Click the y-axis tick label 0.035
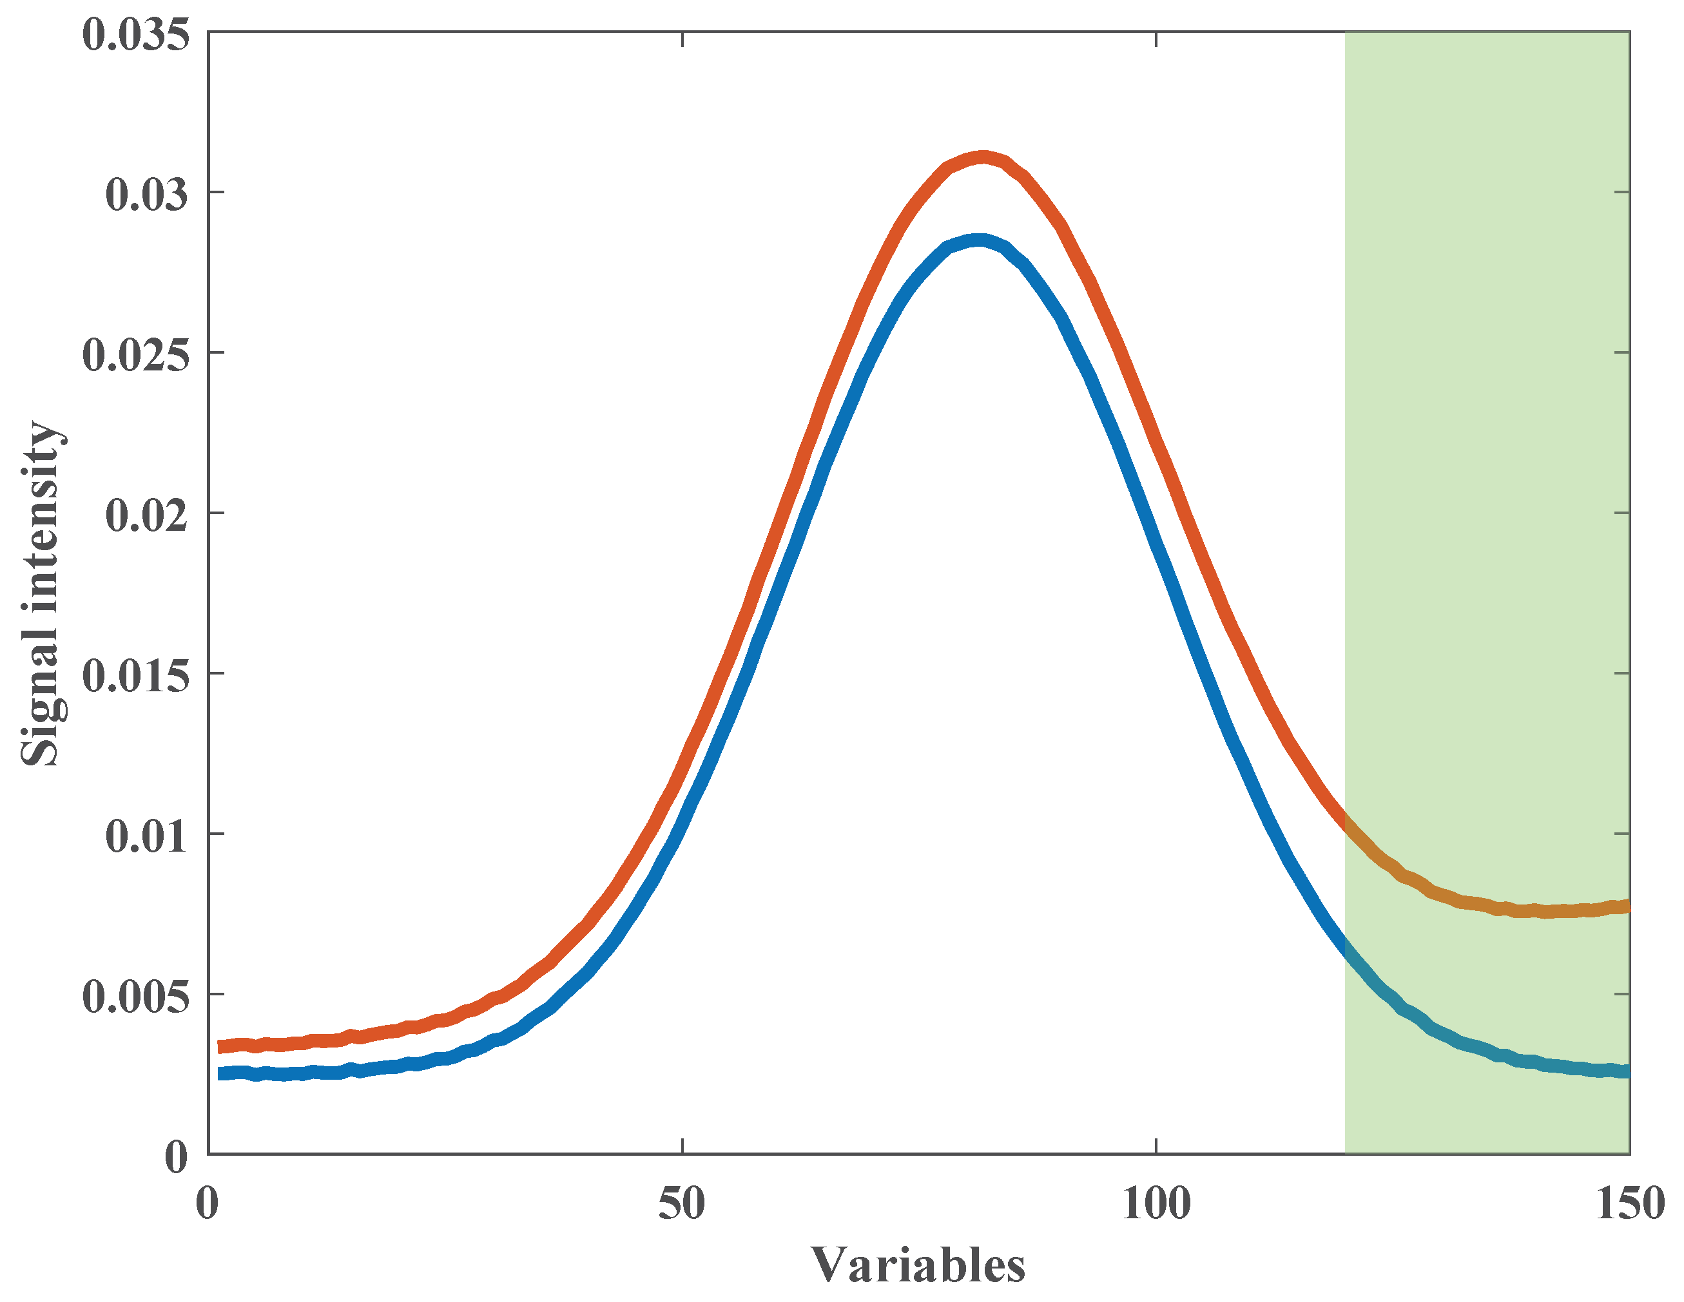pos(136,35)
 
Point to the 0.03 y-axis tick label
pos(146,195)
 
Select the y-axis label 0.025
pos(136,356)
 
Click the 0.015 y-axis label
pos(136,676)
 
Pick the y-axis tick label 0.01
pos(146,836)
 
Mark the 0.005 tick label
pos(136,997)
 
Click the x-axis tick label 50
pos(682,1203)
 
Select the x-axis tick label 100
pos(1156,1203)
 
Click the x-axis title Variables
pos(918,1265)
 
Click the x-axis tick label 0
pos(207,1203)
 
